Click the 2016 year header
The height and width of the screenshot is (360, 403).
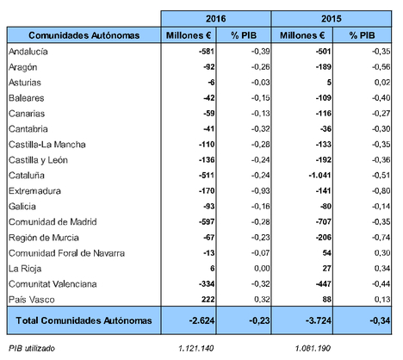[x=215, y=19]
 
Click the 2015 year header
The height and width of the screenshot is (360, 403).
[x=332, y=19]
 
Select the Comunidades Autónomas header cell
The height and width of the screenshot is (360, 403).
[x=84, y=35]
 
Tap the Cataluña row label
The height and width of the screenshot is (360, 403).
[x=27, y=175]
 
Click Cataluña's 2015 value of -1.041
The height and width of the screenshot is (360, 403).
[x=319, y=175]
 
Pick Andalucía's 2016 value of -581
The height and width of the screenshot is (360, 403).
[x=207, y=52]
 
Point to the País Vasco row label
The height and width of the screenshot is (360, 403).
[x=32, y=300]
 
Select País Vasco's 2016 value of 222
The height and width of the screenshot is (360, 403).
[x=208, y=300]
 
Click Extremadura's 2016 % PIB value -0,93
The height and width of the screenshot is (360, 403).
[x=261, y=191]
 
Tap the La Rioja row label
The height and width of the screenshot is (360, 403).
[x=25, y=269]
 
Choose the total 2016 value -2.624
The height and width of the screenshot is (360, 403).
[x=201, y=320]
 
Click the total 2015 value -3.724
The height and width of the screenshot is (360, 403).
[x=319, y=320]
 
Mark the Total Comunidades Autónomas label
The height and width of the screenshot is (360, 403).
[x=84, y=320]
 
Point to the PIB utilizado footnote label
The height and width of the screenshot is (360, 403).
[x=32, y=348]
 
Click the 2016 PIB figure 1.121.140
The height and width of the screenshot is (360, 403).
[x=196, y=348]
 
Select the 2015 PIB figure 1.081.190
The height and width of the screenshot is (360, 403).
[x=313, y=348]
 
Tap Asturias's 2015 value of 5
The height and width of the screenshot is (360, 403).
[x=329, y=83]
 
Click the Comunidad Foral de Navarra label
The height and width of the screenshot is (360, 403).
[x=66, y=253]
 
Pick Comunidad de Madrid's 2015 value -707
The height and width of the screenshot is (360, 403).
[x=324, y=221]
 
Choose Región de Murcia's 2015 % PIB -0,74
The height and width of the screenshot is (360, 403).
[x=381, y=238]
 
